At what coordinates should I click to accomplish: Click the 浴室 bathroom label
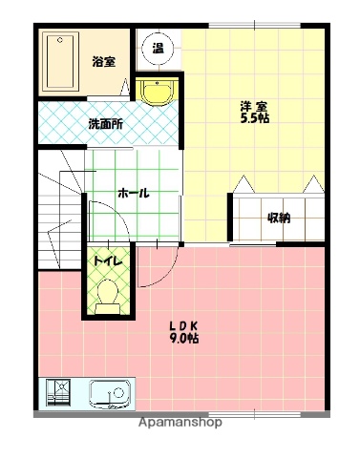click(x=103, y=63)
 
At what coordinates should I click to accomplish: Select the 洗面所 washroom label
click(x=105, y=123)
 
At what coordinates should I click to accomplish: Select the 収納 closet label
click(x=278, y=218)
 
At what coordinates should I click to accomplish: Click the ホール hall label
click(x=132, y=193)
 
